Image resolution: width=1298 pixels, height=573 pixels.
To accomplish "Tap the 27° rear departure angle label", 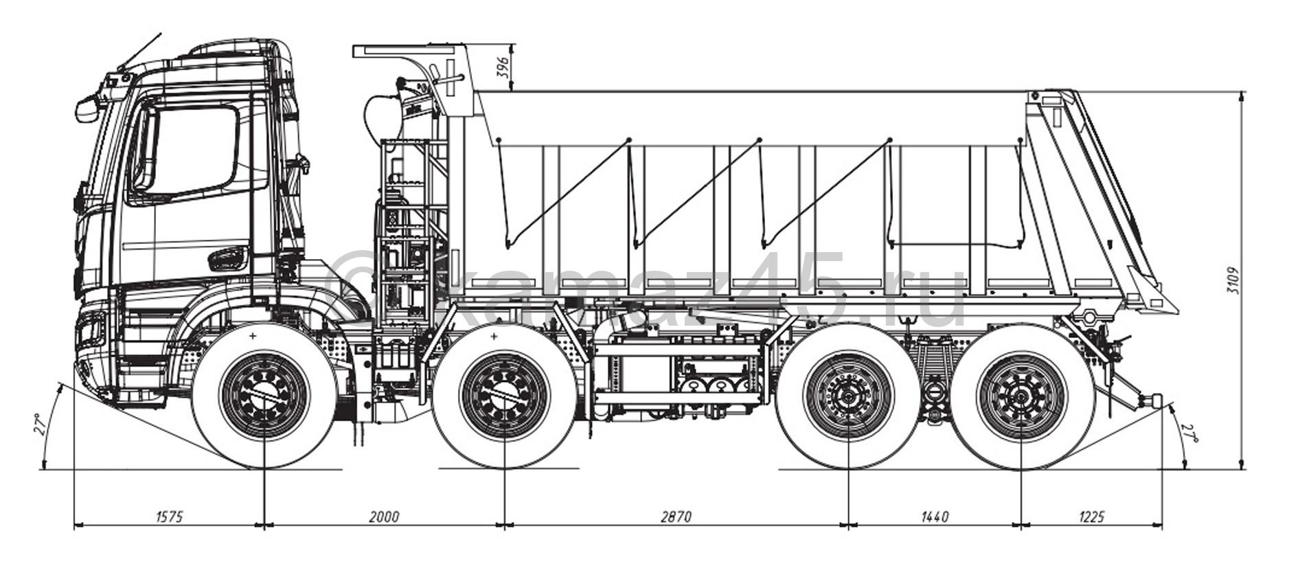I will pyautogui.click(x=1189, y=434).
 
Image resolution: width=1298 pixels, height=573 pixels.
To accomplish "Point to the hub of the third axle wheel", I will pyautogui.click(x=850, y=396).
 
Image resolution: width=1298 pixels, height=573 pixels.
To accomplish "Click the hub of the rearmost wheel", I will pyautogui.click(x=1021, y=396).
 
